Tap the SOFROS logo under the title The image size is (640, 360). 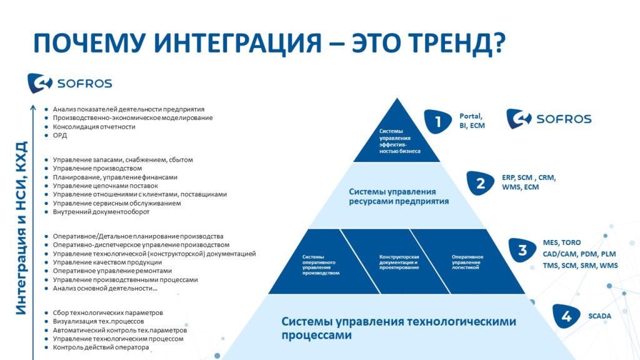(70, 83)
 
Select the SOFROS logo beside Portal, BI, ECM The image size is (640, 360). (549, 119)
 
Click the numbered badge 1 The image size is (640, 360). (437, 121)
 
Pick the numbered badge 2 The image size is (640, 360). (481, 183)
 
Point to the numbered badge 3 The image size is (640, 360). (522, 250)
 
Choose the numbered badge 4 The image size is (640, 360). (566, 316)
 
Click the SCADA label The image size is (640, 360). (599, 316)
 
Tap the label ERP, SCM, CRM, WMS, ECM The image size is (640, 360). (529, 182)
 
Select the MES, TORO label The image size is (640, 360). (562, 242)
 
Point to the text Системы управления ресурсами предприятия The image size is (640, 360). (399, 196)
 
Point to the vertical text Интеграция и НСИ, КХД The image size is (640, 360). (21, 228)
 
